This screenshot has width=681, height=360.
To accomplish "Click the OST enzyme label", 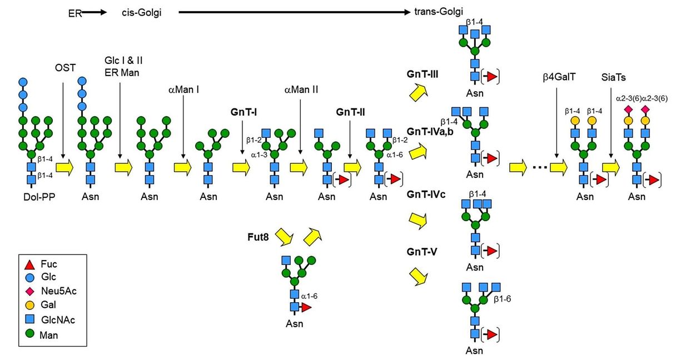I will point(65,68).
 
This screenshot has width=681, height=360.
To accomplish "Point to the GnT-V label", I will point(421,252).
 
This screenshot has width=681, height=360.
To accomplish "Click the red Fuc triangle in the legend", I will point(31,264).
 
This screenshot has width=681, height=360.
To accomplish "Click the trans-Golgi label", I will point(440,12).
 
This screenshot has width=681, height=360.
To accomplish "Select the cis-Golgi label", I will point(142,12).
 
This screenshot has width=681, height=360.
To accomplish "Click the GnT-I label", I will point(243,112).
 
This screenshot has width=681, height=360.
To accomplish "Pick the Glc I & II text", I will point(120,59).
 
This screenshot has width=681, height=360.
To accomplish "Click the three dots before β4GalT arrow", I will point(538,167).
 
